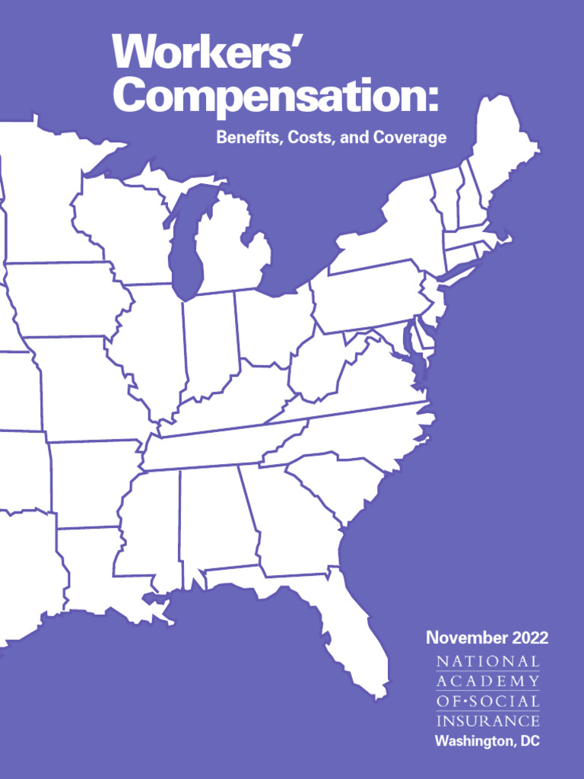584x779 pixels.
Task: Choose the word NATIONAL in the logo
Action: (x=487, y=662)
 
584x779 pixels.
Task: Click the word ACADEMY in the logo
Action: (x=487, y=682)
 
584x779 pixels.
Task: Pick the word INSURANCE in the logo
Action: (x=487, y=720)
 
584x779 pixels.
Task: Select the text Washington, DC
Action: (x=487, y=741)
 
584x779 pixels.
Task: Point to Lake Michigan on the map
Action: (x=185, y=243)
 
